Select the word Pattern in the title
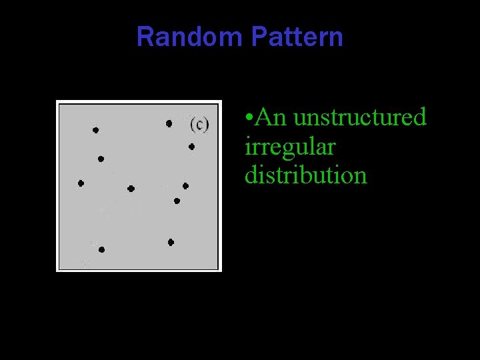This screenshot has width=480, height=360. (297, 37)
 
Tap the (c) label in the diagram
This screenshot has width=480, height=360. (199, 124)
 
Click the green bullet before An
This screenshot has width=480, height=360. (248, 119)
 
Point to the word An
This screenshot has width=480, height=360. (270, 117)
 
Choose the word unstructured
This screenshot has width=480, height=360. (359, 117)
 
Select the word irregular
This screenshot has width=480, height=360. (290, 147)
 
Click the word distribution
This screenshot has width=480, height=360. (305, 175)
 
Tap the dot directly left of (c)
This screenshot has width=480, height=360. (169, 123)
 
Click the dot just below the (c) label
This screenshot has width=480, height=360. (191, 147)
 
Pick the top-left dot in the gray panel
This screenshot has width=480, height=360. (95, 130)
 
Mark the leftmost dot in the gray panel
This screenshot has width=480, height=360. (81, 183)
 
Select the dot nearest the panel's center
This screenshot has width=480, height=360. (131, 189)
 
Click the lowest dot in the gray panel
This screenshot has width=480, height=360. (101, 249)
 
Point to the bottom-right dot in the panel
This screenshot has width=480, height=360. (171, 242)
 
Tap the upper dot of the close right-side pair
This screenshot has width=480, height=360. (185, 186)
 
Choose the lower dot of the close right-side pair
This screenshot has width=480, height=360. (177, 201)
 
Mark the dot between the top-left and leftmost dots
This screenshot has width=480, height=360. (101, 159)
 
